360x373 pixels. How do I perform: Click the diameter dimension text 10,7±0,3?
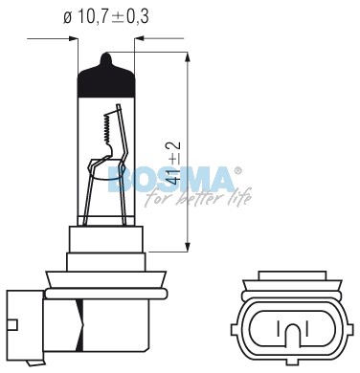113,16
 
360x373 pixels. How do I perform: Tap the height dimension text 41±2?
173,163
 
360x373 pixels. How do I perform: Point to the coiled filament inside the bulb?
107,128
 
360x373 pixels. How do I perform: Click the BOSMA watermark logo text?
171,179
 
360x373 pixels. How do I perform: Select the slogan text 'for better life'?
198,198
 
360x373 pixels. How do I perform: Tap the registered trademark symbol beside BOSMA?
237,171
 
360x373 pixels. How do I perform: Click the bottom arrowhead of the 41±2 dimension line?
188,247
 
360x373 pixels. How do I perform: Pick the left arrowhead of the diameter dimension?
74,39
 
